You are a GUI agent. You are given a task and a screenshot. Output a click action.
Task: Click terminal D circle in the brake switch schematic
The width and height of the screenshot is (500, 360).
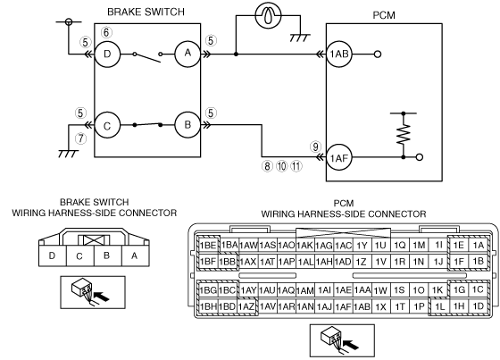point(107,54)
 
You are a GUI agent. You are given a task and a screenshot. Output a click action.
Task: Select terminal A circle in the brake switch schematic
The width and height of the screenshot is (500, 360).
point(187,54)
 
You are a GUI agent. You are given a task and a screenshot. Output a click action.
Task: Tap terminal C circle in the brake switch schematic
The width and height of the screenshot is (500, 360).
point(107,125)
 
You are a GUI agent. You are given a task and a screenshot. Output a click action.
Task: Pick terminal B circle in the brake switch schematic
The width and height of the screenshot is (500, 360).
point(187,125)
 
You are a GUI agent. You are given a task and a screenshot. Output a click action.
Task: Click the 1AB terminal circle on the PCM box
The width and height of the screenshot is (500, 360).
point(339,54)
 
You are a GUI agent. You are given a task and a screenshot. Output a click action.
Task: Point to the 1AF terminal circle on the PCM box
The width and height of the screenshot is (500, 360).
point(339,157)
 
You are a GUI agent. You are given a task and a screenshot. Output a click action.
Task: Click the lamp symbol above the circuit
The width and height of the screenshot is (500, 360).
point(269,14)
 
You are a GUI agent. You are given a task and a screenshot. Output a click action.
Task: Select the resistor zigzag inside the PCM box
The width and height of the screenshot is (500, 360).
point(404,134)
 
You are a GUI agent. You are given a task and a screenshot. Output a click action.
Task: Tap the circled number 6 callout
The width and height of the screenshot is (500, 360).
point(106,32)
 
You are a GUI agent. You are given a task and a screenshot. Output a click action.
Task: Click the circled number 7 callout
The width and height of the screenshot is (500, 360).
point(81,138)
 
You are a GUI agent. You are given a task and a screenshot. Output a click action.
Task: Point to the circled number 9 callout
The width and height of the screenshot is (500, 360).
point(315,147)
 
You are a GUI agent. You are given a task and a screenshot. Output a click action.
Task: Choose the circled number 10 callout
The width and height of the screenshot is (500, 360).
point(282,166)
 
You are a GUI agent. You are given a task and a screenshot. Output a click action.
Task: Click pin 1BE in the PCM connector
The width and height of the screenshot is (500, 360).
point(208,245)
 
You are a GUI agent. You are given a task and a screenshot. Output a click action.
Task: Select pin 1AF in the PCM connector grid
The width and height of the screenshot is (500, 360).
point(343,306)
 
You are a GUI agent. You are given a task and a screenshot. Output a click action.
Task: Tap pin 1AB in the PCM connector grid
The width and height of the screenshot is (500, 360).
point(362,306)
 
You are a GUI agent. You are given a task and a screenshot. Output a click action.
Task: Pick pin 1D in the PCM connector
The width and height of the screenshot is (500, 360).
point(479,306)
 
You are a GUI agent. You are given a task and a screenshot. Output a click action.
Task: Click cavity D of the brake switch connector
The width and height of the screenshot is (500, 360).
point(52,255)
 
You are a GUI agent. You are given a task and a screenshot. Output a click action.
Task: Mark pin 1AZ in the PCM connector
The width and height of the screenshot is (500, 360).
point(247,306)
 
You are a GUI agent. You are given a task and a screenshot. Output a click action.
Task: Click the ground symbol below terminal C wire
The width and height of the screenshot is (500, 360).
point(69,154)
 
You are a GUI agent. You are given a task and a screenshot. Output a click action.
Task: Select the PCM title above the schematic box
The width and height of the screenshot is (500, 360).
point(384,15)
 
